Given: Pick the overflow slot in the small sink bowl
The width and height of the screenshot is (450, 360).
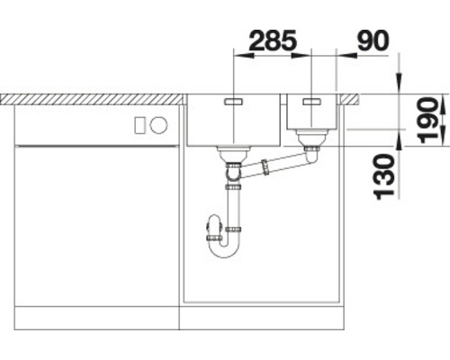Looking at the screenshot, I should [x=311, y=102].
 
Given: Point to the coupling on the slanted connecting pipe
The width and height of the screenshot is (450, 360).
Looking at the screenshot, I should [x=266, y=166].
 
